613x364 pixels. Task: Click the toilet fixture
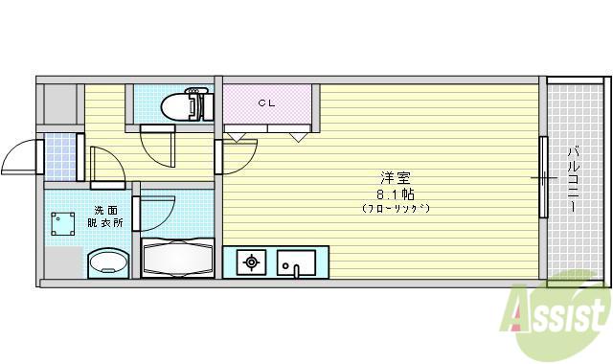(187, 104)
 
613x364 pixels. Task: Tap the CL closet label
(267, 103)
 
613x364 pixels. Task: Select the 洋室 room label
(396, 178)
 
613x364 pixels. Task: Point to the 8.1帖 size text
(396, 193)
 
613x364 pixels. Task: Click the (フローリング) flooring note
(396, 208)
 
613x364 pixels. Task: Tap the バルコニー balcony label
(573, 179)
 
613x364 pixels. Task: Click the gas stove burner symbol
(251, 262)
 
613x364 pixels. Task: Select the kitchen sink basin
(296, 262)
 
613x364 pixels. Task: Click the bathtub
(177, 259)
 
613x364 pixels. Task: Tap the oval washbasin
(108, 262)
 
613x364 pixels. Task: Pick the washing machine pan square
(62, 224)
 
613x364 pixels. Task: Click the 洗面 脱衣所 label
(104, 216)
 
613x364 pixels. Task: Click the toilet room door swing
(157, 148)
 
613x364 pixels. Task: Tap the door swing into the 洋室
(239, 156)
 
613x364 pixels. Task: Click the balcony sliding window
(543, 176)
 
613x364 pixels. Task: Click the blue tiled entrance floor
(60, 156)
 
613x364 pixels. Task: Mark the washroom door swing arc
(108, 165)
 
